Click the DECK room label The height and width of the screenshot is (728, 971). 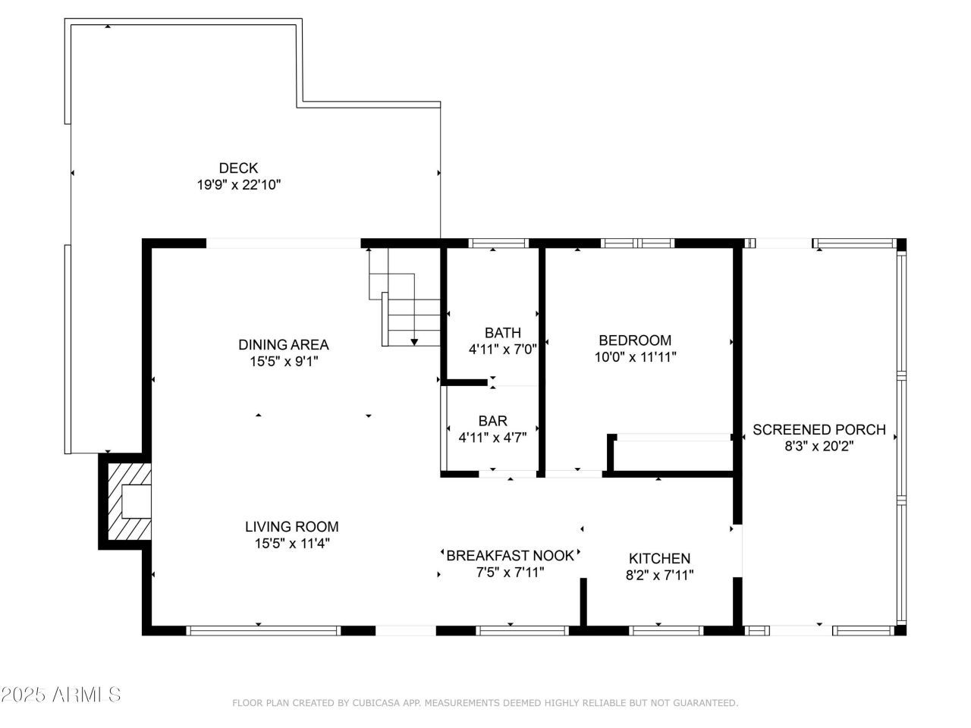point(238,168)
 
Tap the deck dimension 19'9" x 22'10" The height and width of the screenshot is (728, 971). point(238,184)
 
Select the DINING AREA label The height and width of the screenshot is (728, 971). point(284,345)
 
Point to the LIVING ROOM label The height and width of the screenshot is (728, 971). point(291,527)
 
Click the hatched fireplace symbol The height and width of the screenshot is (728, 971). point(127,501)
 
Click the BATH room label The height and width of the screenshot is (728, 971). point(503,333)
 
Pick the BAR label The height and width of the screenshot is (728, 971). point(492,421)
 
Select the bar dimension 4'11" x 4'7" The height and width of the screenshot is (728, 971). point(492,438)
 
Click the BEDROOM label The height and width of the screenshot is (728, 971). point(635,340)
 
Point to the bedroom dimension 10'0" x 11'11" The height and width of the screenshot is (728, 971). point(635,357)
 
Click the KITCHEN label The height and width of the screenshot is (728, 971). point(659,559)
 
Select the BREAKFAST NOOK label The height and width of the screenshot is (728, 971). point(511,555)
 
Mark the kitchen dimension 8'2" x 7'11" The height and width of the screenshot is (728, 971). point(659,576)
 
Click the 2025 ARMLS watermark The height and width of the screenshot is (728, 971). point(61,695)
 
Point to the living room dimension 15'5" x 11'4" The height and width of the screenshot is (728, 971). point(291,544)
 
